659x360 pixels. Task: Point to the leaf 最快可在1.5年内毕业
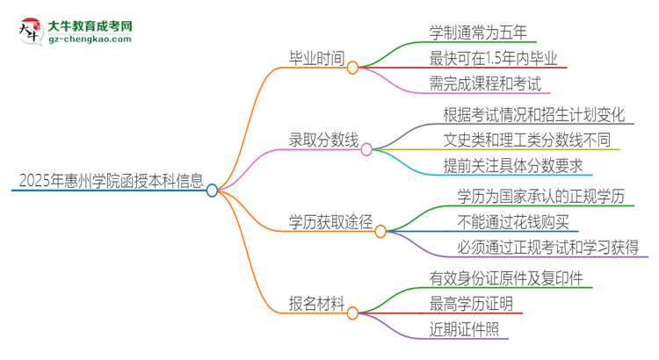click(x=494, y=59)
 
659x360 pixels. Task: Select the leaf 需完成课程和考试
click(x=486, y=83)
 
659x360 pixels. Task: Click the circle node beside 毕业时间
click(x=352, y=68)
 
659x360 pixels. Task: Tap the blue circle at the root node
click(x=212, y=190)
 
